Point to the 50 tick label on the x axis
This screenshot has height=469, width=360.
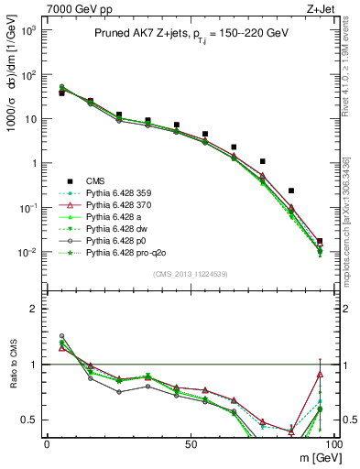(189, 443)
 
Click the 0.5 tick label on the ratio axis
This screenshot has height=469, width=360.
(29, 420)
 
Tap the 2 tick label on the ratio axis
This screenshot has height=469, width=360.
(34, 309)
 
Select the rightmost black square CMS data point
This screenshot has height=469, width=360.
(320, 242)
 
